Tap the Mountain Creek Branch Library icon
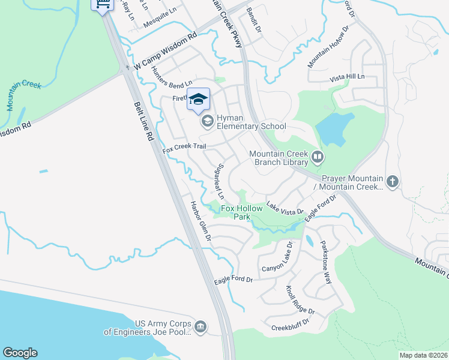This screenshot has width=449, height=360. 318,158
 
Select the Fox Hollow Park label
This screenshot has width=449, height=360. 242,212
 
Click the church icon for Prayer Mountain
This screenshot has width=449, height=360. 393,181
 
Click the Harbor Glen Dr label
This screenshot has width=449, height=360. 201,220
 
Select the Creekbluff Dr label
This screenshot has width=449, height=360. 290,328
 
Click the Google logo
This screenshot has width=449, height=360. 20,353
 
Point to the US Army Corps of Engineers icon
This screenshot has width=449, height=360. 200,327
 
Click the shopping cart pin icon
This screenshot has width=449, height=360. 103,5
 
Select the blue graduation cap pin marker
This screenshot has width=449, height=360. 198,99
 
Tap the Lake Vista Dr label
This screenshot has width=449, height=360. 285,209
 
